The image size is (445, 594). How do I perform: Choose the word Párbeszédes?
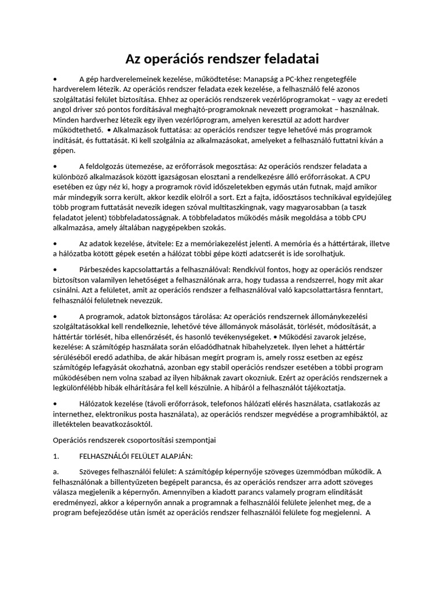point(103,269)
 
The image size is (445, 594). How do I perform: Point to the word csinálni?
point(67,289)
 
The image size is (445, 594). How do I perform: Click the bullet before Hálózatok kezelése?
point(54,403)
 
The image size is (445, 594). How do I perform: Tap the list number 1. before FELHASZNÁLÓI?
point(56,456)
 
